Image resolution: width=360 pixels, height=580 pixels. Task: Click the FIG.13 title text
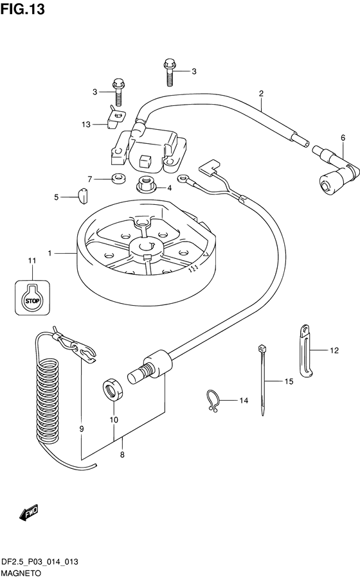click(x=22, y=9)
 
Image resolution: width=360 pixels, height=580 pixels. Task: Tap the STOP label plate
click(x=32, y=298)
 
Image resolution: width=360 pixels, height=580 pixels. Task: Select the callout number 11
click(x=32, y=261)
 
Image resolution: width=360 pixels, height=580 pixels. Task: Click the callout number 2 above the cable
click(x=261, y=94)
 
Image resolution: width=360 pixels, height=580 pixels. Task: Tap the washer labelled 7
click(x=118, y=179)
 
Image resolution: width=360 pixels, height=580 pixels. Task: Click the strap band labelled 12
click(x=305, y=351)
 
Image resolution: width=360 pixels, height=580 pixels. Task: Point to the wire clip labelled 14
click(x=212, y=401)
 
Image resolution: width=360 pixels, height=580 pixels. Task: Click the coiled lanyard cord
click(x=48, y=400)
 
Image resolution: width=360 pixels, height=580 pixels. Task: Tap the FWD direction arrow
click(x=28, y=513)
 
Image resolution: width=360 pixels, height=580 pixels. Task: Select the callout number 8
click(x=123, y=455)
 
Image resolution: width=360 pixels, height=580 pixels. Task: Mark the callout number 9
click(x=82, y=429)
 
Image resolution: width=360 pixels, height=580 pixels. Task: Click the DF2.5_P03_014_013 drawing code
click(x=40, y=562)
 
